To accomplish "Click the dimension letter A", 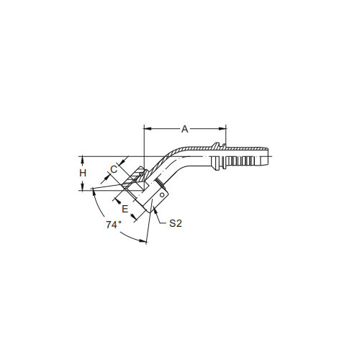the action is pyautogui.click(x=184, y=129).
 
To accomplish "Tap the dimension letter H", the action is pyautogui.click(x=83, y=173).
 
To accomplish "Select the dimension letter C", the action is pyautogui.click(x=114, y=169).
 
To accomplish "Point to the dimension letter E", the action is pyautogui.click(x=125, y=209).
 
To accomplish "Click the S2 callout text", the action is pyautogui.click(x=176, y=223).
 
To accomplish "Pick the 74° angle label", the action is pyautogui.click(x=114, y=225).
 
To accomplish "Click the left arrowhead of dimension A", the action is pyautogui.click(x=148, y=129).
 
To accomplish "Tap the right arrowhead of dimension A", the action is pyautogui.click(x=222, y=129).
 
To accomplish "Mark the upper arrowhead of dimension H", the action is pyautogui.click(x=82, y=160).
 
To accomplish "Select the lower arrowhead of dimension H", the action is pyautogui.click(x=82, y=187).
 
